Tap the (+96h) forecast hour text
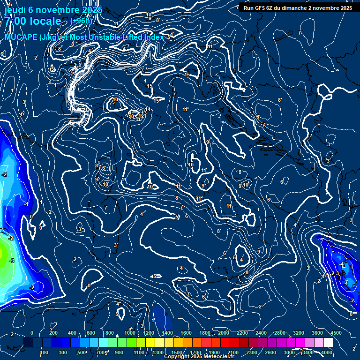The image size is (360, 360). click(81, 21)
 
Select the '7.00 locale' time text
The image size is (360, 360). click(33, 21)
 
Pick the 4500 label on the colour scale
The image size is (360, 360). click(336, 333)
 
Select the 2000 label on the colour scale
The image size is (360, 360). click(224, 333)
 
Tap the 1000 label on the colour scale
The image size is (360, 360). click(130, 333)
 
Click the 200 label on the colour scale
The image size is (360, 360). click(53, 333)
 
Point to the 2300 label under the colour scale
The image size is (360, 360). click(251, 352)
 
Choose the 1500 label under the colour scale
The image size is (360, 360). click(177, 352)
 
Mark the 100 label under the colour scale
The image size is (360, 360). click(45, 352)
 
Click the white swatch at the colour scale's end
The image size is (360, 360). click(328, 343)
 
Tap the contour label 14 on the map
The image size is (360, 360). click(148, 110)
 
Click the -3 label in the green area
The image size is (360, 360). click(12, 261)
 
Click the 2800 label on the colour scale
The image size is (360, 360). click(280, 333)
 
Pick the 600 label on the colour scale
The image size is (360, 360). click(91, 333)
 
